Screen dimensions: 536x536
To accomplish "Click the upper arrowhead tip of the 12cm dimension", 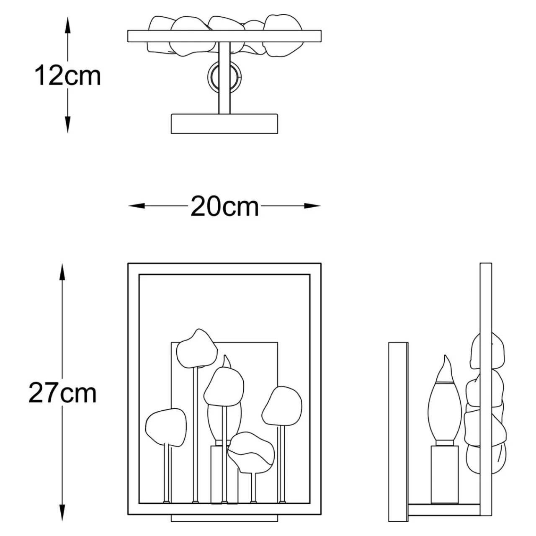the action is [68, 17].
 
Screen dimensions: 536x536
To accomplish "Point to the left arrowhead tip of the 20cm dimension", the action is [128, 206].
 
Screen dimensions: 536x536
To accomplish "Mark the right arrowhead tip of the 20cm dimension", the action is [321, 206].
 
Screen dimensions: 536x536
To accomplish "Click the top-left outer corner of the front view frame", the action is [128, 263].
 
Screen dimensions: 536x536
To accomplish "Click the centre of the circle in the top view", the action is [224, 76].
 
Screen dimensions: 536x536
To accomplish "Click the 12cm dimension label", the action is [67, 75].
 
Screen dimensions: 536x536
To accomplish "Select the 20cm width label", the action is [225, 207].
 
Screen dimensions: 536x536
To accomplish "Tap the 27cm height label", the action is [62, 393].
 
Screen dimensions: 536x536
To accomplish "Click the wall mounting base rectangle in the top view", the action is [224, 124].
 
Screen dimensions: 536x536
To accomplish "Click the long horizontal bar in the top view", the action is [224, 36].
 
